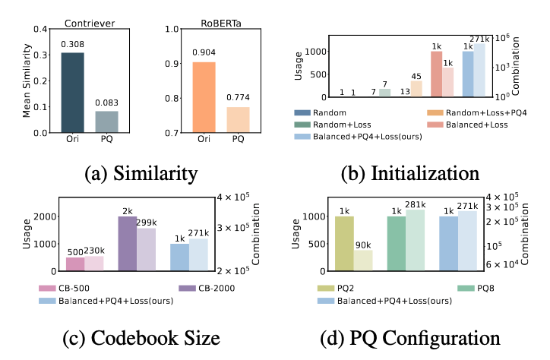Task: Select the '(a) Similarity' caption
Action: pyautogui.click(x=133, y=175)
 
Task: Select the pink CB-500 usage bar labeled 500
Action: pyautogui.click(x=74, y=264)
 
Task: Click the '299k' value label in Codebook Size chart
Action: pyautogui.click(x=146, y=221)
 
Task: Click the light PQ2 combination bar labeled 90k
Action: pyautogui.click(x=363, y=261)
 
